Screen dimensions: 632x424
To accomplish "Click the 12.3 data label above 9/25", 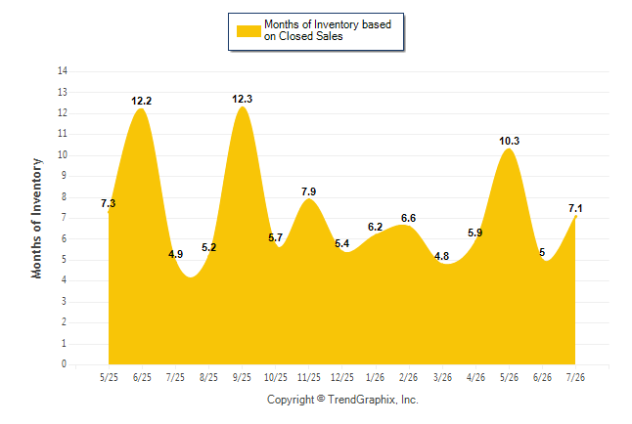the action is [x=242, y=99].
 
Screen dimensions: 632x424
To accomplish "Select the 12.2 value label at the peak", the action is [x=141, y=101].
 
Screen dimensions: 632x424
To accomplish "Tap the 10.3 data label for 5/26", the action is [x=509, y=141].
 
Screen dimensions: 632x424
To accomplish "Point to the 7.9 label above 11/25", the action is [x=309, y=191].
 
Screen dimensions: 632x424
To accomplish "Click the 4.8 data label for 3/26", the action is [x=442, y=256].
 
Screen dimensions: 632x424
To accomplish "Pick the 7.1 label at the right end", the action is [x=575, y=208].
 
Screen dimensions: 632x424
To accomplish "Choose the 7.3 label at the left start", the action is [x=108, y=203].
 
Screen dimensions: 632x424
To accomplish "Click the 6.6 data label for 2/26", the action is [x=408, y=218].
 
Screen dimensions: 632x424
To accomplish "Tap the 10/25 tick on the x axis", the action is [x=276, y=377].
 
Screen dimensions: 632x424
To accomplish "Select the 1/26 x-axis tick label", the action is [x=376, y=377].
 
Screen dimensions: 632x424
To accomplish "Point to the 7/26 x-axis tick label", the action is [x=575, y=377].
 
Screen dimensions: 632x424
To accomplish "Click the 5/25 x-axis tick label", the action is [x=109, y=377].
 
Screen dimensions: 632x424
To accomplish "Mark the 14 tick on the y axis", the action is [x=63, y=71].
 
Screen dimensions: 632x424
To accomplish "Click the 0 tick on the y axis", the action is [x=64, y=364].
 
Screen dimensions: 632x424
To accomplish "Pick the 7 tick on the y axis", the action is [x=64, y=218].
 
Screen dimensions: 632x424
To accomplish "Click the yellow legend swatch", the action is [x=248, y=31].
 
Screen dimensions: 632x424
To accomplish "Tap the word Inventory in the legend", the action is [x=337, y=24].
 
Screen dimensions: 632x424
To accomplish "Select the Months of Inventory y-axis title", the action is [x=36, y=218].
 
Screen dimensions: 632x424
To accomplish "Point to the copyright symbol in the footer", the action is [x=321, y=399].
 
